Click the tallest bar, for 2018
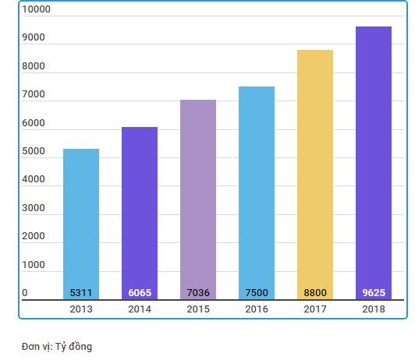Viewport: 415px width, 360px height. click(373, 156)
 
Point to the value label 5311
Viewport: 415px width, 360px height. click(81, 293)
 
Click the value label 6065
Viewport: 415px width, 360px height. click(140, 293)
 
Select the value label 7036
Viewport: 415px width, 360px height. click(198, 293)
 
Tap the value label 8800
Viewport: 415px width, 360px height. click(315, 293)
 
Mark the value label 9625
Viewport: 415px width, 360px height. click(373, 293)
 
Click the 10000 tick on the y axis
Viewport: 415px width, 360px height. click(36, 10)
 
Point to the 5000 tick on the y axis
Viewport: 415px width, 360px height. click(34, 151)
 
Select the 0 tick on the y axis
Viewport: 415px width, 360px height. click(25, 293)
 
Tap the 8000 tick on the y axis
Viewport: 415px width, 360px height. click(34, 66)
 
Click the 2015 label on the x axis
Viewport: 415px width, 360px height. click(198, 309)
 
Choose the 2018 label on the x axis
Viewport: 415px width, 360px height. click(373, 309)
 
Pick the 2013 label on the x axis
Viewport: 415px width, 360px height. click(81, 309)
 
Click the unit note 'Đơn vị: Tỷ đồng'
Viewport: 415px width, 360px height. click(57, 346)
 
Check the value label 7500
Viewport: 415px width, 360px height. click(257, 293)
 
